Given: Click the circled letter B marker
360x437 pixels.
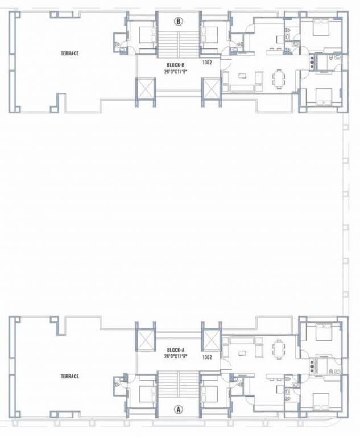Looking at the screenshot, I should (x=179, y=22).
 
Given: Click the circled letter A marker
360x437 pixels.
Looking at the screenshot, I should (x=179, y=408).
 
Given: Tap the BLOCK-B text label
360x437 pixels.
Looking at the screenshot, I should (x=176, y=65).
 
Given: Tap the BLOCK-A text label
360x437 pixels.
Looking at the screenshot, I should (x=176, y=349).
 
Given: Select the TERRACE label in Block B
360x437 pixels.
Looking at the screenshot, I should (x=69, y=53).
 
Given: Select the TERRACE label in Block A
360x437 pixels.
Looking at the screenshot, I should (x=69, y=376).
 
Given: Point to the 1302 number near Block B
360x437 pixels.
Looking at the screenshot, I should (x=206, y=63).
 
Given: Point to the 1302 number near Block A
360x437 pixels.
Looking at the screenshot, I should (x=206, y=357).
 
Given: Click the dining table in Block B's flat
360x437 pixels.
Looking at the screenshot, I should (x=279, y=78).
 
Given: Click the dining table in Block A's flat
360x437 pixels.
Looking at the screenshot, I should (x=279, y=348).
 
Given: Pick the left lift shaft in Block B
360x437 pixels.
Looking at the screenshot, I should (x=144, y=89).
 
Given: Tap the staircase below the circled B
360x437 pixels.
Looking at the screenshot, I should (x=179, y=43).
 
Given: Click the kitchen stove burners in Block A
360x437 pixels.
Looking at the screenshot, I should (x=312, y=364).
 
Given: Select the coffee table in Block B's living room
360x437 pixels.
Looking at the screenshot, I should (x=243, y=75).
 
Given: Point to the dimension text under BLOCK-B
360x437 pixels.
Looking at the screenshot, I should (x=176, y=72).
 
